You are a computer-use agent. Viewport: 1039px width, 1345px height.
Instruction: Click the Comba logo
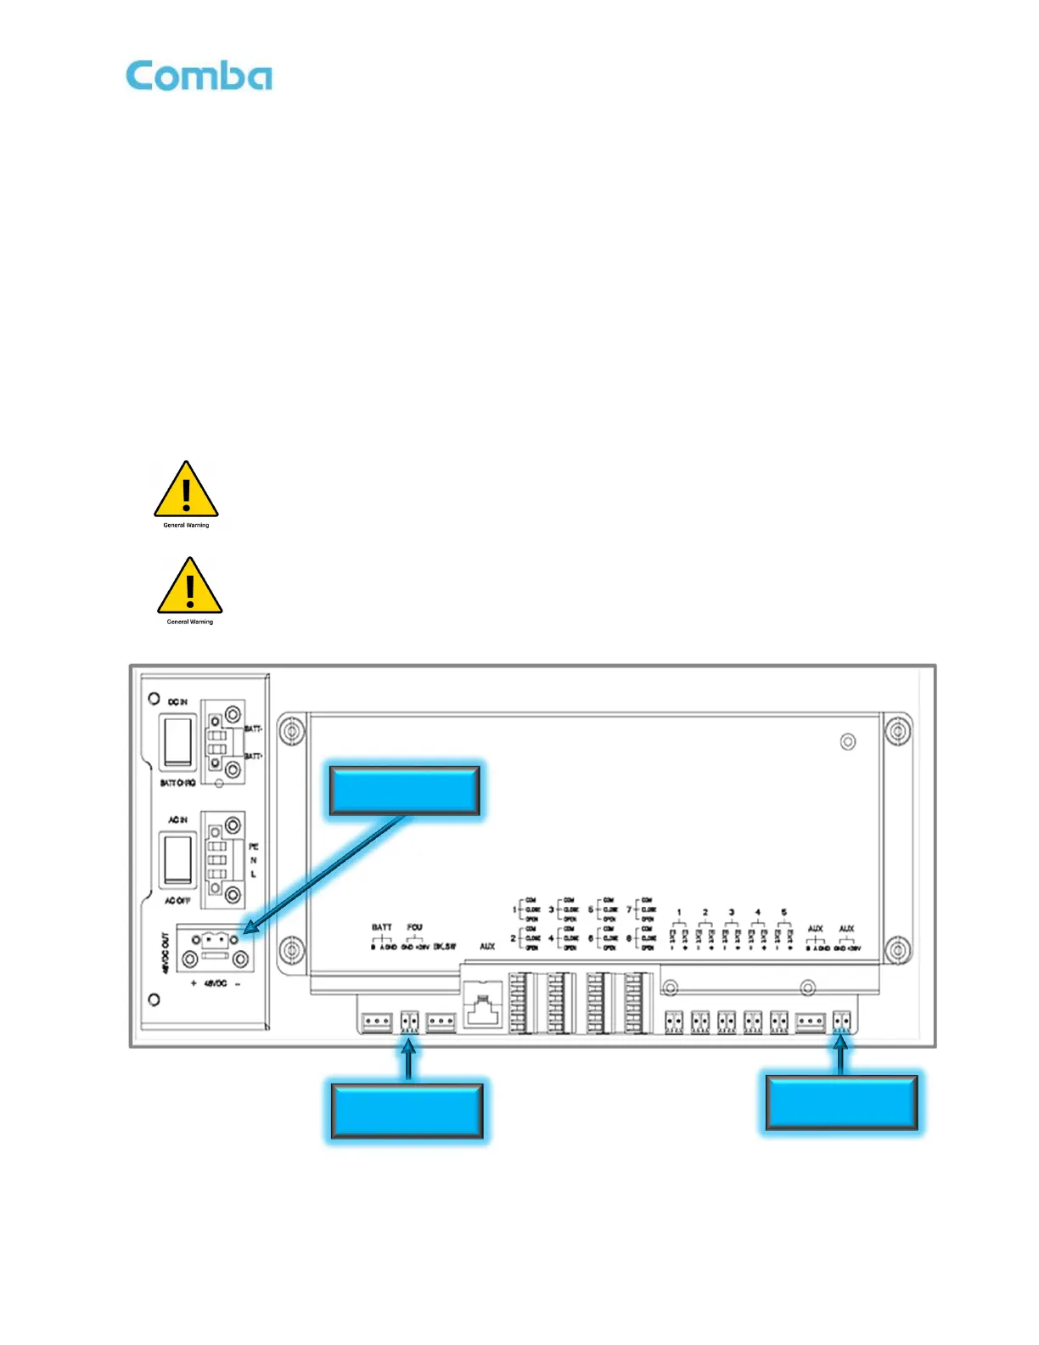pyautogui.click(x=199, y=76)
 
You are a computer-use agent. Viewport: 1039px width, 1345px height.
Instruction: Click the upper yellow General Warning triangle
pyautogui.click(x=186, y=492)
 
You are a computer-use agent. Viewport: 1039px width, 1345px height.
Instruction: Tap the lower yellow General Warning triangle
pyautogui.click(x=189, y=588)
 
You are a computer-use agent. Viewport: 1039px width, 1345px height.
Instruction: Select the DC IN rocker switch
pyautogui.click(x=177, y=741)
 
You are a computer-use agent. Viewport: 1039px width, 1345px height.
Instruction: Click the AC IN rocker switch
pyautogui.click(x=177, y=859)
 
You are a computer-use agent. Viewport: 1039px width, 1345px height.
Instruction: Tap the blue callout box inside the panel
pyautogui.click(x=404, y=791)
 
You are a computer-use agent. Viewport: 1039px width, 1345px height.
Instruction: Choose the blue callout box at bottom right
pyautogui.click(x=841, y=1102)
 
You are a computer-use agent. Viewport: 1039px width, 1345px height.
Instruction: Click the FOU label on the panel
pyautogui.click(x=414, y=927)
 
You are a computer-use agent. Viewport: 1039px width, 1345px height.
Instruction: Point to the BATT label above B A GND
pyautogui.click(x=382, y=927)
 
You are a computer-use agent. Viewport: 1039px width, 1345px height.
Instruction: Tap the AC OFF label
pyautogui.click(x=177, y=900)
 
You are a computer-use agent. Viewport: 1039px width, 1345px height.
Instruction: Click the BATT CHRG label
pyautogui.click(x=177, y=783)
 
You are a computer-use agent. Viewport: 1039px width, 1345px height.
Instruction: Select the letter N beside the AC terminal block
pyautogui.click(x=253, y=860)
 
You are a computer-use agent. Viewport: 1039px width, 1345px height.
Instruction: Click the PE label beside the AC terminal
pyautogui.click(x=253, y=847)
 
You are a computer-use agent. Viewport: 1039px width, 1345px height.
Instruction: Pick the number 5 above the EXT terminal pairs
pyautogui.click(x=783, y=913)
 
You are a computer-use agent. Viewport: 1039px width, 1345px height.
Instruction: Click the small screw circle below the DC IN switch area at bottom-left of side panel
pyautogui.click(x=154, y=999)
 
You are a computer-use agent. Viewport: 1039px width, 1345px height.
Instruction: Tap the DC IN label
pyautogui.click(x=177, y=702)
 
